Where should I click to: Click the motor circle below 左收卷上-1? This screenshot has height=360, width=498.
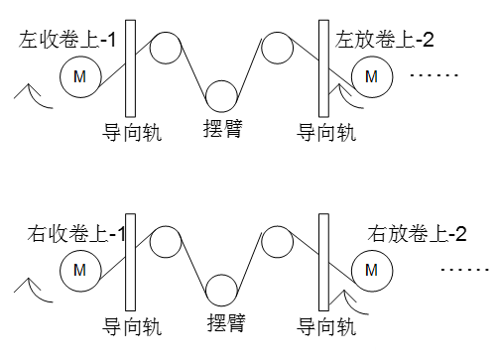pyautogui.click(x=79, y=76)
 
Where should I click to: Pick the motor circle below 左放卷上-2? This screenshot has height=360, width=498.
pyautogui.click(x=371, y=76)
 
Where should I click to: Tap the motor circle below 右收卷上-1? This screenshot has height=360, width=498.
pyautogui.click(x=79, y=269)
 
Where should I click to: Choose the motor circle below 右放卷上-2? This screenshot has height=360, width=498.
pyautogui.click(x=371, y=269)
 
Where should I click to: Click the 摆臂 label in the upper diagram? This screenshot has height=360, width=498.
pyautogui.click(x=222, y=128)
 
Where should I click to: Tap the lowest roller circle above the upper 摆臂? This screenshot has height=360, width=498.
pyautogui.click(x=222, y=93)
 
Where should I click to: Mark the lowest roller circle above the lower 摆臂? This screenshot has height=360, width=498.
pyautogui.click(x=223, y=289)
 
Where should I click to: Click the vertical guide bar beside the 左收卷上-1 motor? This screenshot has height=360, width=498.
pyautogui.click(x=131, y=67)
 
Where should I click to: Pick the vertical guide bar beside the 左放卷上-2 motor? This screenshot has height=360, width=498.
pyautogui.click(x=322, y=67)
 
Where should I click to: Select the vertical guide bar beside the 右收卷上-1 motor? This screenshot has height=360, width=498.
pyautogui.click(x=131, y=261)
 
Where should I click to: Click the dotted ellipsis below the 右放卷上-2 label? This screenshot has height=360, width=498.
pyautogui.click(x=464, y=269)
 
